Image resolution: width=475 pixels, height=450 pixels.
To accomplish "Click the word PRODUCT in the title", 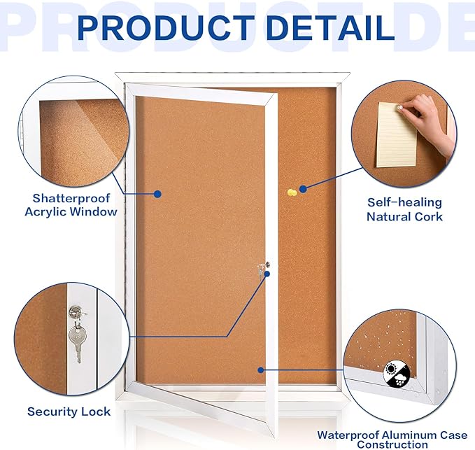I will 164,28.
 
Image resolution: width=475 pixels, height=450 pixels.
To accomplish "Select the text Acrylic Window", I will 71,212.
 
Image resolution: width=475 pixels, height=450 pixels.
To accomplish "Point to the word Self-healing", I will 404,203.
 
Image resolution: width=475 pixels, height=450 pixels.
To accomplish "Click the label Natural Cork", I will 404,217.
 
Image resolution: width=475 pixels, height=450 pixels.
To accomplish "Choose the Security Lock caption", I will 69,412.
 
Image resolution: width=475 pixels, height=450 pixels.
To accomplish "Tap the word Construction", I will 392,444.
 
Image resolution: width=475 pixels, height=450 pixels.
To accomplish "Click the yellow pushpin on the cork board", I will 290,191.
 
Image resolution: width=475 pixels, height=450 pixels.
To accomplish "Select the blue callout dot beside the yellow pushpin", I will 303,189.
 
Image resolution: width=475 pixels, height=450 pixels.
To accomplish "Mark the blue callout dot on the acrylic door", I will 158,194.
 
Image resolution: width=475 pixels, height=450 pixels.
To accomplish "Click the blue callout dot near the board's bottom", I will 260,370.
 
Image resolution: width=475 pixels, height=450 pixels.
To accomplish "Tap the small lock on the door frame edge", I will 263,268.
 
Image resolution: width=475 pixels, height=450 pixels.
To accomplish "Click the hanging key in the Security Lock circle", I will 76,341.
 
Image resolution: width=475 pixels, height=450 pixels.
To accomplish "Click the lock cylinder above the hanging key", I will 74,311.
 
